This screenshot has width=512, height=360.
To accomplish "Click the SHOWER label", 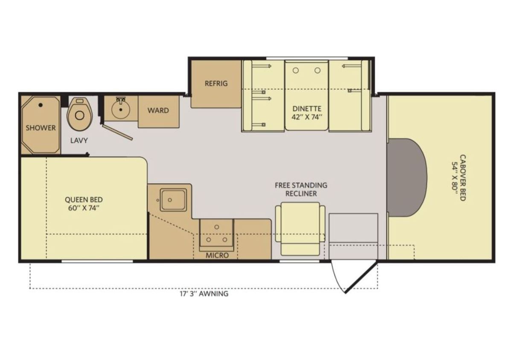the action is point(41,128).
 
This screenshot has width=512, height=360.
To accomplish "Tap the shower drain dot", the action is point(41,105).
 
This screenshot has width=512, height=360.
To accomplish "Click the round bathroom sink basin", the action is point(121,110).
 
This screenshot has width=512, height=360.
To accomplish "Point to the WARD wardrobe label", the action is point(158,111).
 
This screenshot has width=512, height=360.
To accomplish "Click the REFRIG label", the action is point(216,83).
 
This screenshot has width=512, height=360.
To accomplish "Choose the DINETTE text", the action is point(307,108).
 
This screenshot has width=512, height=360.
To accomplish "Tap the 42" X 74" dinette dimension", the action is point(307,117).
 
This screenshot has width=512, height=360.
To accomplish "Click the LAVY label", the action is point(79,140).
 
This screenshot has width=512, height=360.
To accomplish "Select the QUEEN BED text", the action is point(84,200).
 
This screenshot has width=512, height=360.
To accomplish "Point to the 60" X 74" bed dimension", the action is point(84,208).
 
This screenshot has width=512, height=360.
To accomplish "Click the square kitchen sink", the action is point(173,200).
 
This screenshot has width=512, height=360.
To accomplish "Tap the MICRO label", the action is point(217,255).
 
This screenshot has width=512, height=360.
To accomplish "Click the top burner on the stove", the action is point(217,227).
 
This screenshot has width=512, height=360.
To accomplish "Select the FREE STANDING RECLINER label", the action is point(301,189).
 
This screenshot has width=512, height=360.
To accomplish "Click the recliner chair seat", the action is point(300,222).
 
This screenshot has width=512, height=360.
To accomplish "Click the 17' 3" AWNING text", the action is point(204,294).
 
